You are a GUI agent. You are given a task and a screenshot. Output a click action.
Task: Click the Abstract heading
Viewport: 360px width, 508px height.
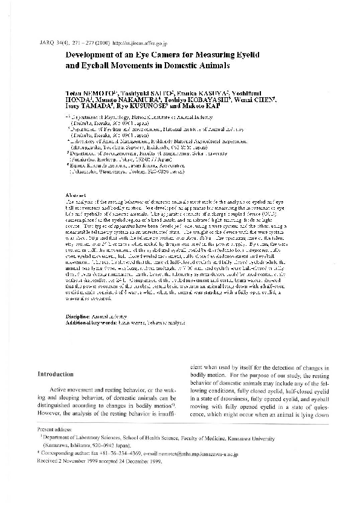coord(76,195)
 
